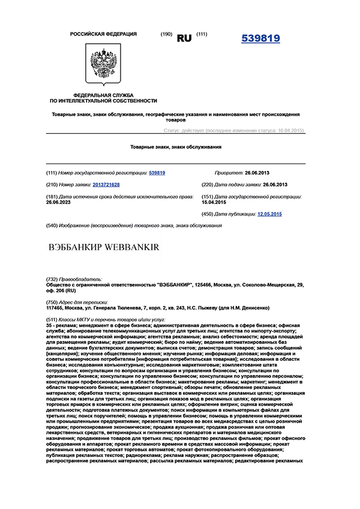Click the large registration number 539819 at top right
pyautogui.click(x=260, y=39)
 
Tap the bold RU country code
pyautogui.click(x=184, y=38)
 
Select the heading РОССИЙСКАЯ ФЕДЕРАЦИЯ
pyautogui.click(x=103, y=34)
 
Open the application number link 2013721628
pyautogui.click(x=106, y=185)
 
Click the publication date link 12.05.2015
pyautogui.click(x=269, y=214)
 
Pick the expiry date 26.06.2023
pyautogui.click(x=62, y=203)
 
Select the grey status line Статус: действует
pyautogui.click(x=234, y=130)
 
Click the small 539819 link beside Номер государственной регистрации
pyautogui.click(x=157, y=173)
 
